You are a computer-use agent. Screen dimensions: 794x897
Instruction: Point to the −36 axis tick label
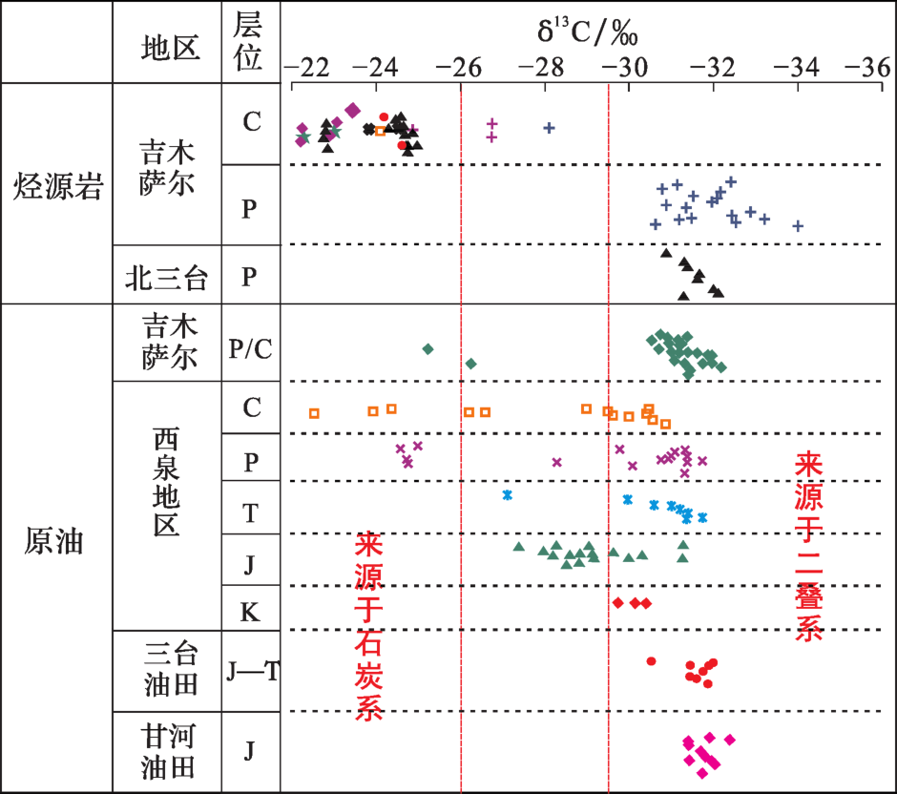[x=864, y=68]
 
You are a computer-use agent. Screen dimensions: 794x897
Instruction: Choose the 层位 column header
[x=248, y=43]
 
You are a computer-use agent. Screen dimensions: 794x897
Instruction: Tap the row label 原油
[x=54, y=540]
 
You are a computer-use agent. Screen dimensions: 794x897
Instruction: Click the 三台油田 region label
[x=171, y=670]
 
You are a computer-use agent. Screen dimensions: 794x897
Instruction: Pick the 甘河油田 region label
[x=169, y=751]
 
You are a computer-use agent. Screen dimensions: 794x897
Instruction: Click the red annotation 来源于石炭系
[x=368, y=626]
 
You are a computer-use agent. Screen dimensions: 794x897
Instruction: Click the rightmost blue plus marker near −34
[x=798, y=226]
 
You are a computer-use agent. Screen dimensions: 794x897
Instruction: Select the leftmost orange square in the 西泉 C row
[x=314, y=413]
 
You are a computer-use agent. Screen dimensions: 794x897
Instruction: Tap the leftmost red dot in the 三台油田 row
[x=651, y=661]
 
